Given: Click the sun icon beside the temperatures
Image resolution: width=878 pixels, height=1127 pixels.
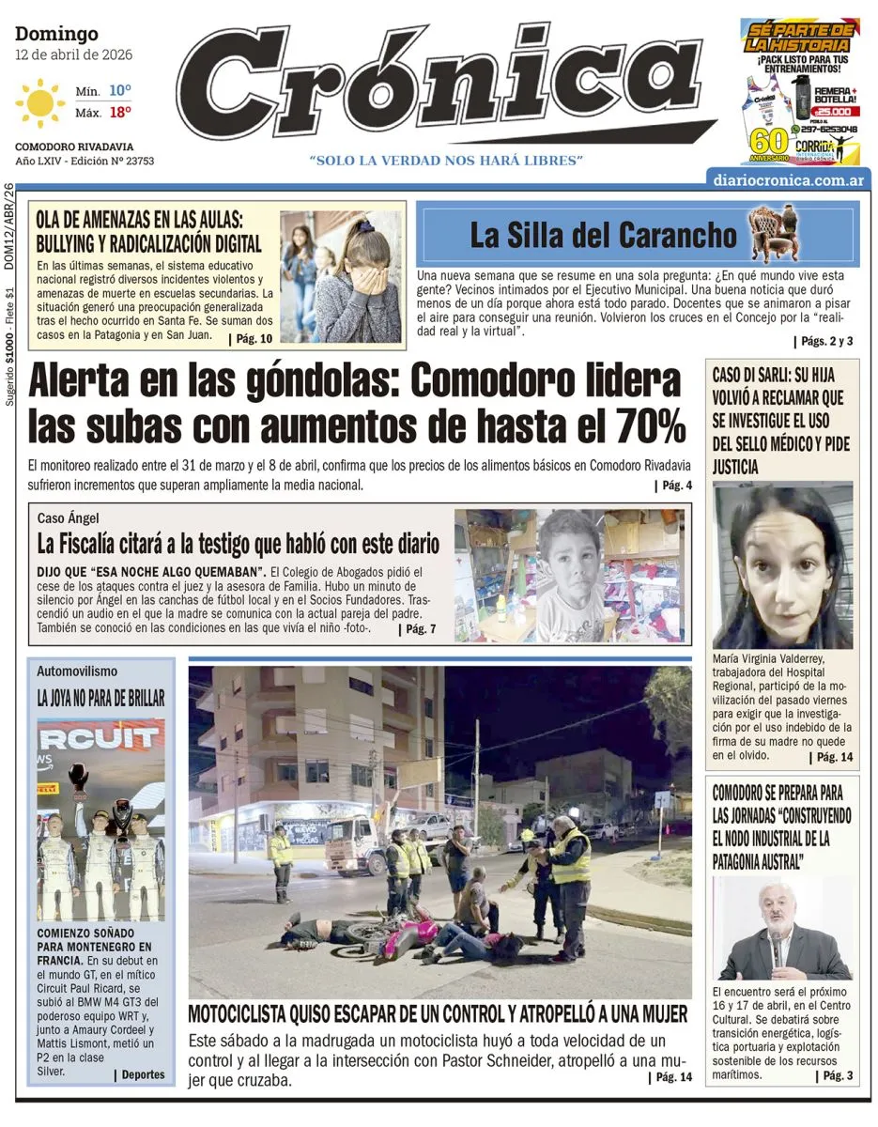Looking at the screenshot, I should tap(40, 102).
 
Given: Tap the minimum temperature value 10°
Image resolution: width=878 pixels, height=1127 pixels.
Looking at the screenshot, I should tap(119, 91).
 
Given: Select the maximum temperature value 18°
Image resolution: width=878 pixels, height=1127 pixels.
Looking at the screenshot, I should tap(119, 112).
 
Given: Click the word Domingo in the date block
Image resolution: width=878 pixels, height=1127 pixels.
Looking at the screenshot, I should tap(56, 35).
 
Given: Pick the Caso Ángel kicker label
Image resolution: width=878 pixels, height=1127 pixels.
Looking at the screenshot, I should tap(68, 518).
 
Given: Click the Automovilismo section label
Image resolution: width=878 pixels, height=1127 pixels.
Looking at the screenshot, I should tap(77, 672).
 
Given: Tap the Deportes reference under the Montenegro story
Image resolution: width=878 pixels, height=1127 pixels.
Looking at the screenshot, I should tap(140, 1074).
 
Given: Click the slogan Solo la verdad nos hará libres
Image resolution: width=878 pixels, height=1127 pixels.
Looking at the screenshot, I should tap(447, 161).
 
